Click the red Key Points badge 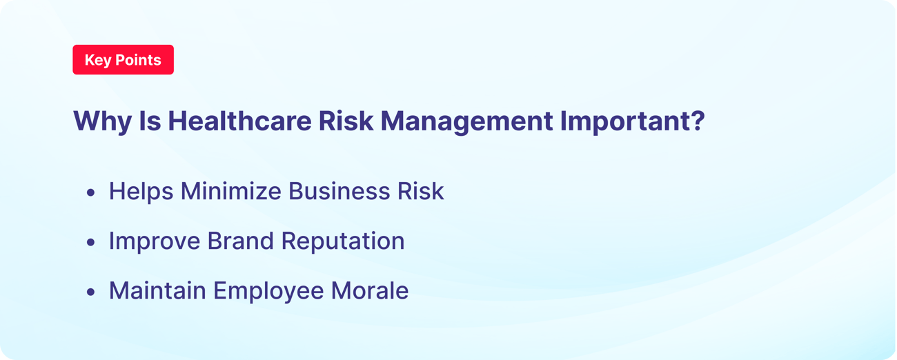(123, 60)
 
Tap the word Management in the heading (466, 121)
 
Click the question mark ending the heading (697, 121)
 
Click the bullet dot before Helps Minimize (90, 192)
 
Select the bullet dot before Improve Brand (90, 242)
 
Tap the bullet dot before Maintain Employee (90, 292)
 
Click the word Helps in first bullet (141, 191)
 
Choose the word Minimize (231, 191)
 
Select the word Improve (155, 241)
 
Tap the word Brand (239, 241)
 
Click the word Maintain (157, 290)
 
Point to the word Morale (370, 290)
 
